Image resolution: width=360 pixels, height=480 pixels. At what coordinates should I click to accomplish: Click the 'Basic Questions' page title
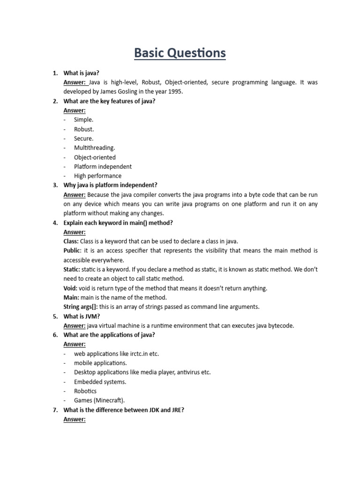(180, 52)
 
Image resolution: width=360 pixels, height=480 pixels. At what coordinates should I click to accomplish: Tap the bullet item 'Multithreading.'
(94, 148)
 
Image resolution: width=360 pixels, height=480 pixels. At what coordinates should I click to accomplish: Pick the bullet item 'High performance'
(97, 176)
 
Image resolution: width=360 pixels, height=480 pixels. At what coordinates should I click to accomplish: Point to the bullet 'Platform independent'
(103, 166)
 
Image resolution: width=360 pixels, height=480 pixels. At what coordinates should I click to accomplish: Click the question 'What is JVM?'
(82, 316)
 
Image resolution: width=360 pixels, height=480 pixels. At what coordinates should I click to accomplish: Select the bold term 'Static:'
(72, 270)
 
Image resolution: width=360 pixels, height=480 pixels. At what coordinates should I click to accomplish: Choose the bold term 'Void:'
(70, 288)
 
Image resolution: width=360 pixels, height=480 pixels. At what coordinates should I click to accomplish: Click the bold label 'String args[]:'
(82, 307)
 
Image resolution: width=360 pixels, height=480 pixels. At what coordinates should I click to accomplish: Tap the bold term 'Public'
(72, 251)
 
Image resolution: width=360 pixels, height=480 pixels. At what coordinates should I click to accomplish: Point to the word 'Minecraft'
(110, 401)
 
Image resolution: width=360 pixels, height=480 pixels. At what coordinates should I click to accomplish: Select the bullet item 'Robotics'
(85, 391)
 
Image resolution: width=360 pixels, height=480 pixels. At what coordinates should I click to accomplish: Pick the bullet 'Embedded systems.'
(100, 382)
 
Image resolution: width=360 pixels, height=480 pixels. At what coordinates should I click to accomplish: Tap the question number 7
(55, 410)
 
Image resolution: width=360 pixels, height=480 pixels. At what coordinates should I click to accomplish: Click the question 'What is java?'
(82, 73)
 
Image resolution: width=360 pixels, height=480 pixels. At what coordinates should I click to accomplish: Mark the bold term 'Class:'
(71, 241)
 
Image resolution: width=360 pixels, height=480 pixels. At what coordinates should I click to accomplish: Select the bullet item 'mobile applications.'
(100, 363)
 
